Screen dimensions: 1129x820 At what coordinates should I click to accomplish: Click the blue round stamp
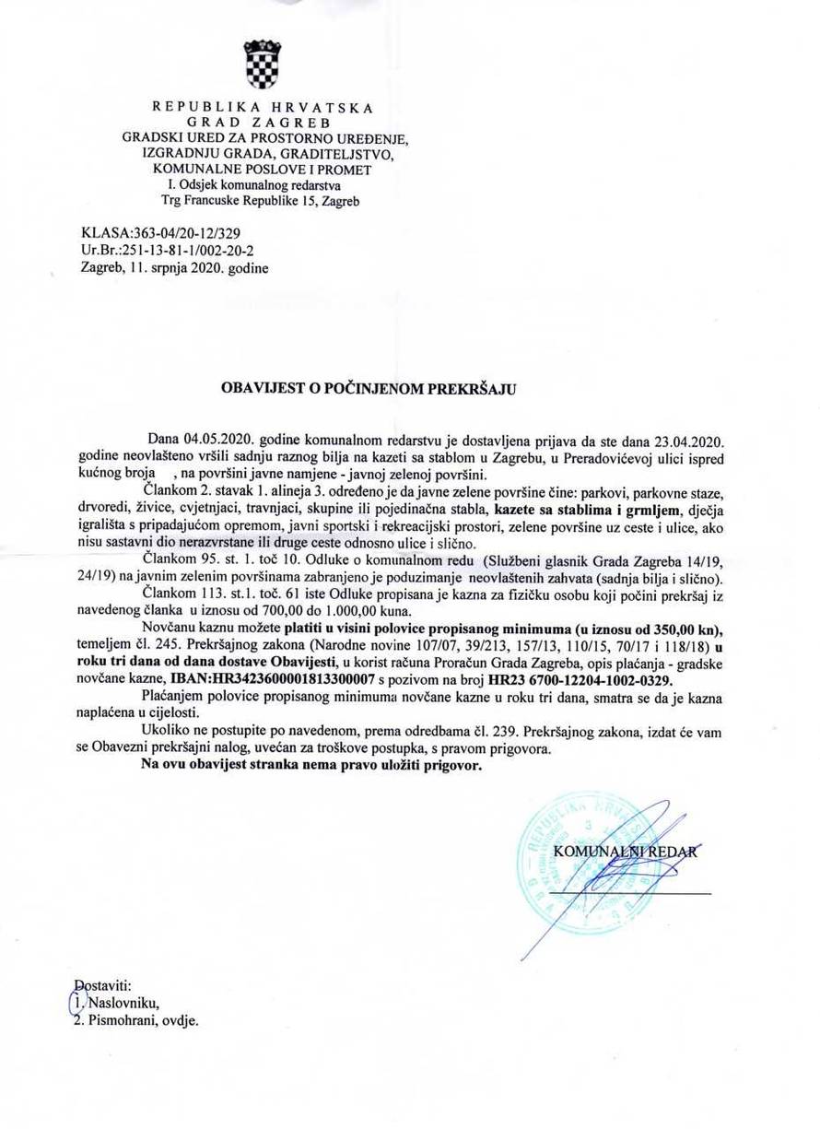point(576,864)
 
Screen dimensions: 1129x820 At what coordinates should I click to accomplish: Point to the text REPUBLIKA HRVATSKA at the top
point(261,107)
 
